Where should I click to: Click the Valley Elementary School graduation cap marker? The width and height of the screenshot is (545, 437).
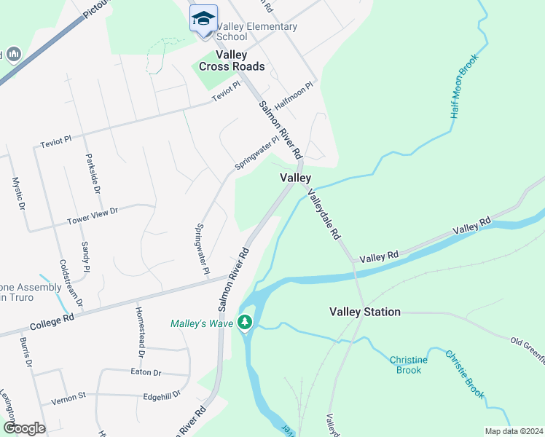pyautogui.click(x=203, y=18)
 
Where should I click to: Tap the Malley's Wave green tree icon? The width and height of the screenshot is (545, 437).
pyautogui.click(x=246, y=321)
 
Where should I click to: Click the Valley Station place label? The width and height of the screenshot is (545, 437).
pyautogui.click(x=364, y=312)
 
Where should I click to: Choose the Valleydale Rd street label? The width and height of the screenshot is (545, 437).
pyautogui.click(x=324, y=214)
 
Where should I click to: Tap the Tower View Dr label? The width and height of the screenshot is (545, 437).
pyautogui.click(x=93, y=216)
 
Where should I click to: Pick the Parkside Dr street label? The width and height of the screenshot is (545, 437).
pyautogui.click(x=93, y=173)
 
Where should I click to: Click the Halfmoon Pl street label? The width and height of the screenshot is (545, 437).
pyautogui.click(x=294, y=95)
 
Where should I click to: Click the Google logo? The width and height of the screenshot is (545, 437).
pyautogui.click(x=23, y=428)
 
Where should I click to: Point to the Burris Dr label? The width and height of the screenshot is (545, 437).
pyautogui.click(x=26, y=352)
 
